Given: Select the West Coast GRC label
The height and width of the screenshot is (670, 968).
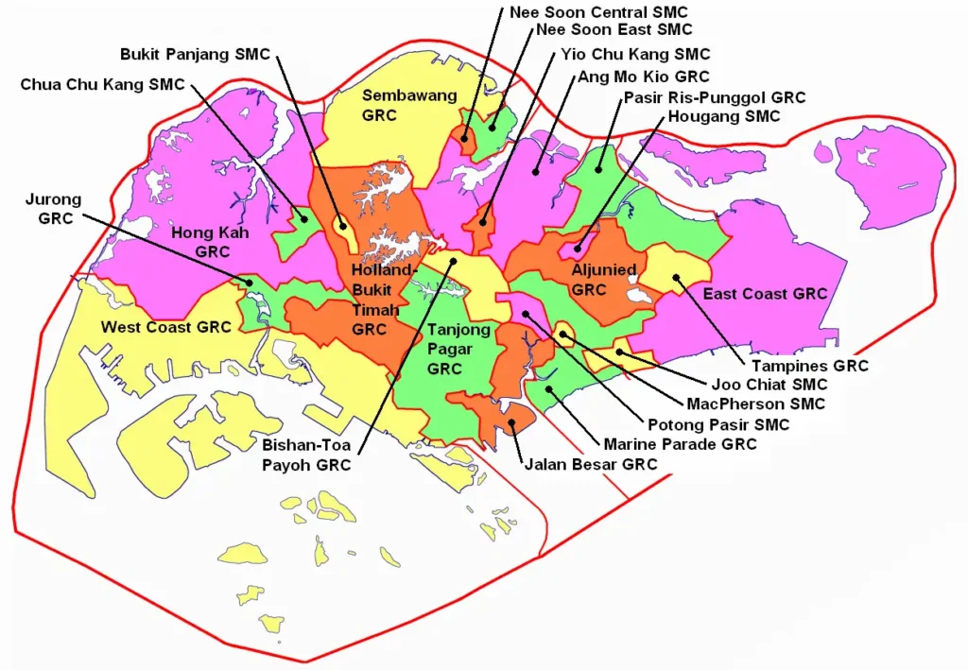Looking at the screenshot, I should click(x=166, y=328).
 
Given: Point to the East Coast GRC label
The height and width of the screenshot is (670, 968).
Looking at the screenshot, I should click(x=765, y=294).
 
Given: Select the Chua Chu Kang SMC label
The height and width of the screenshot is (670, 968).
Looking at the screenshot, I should click(x=103, y=85).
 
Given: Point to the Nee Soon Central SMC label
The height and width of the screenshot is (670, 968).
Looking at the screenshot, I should click(x=598, y=12).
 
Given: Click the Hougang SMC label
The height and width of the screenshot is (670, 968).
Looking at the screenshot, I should click(x=724, y=116).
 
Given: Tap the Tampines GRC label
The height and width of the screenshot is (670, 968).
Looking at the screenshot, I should click(x=809, y=366).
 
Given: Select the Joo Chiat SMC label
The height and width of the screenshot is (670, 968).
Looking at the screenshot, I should click(x=769, y=385).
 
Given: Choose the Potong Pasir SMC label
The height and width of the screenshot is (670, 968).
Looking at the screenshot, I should click(x=718, y=425).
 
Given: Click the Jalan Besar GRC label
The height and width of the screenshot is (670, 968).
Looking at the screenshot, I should click(x=591, y=464).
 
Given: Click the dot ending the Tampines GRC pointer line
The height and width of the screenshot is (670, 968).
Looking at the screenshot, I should click(x=677, y=277).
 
